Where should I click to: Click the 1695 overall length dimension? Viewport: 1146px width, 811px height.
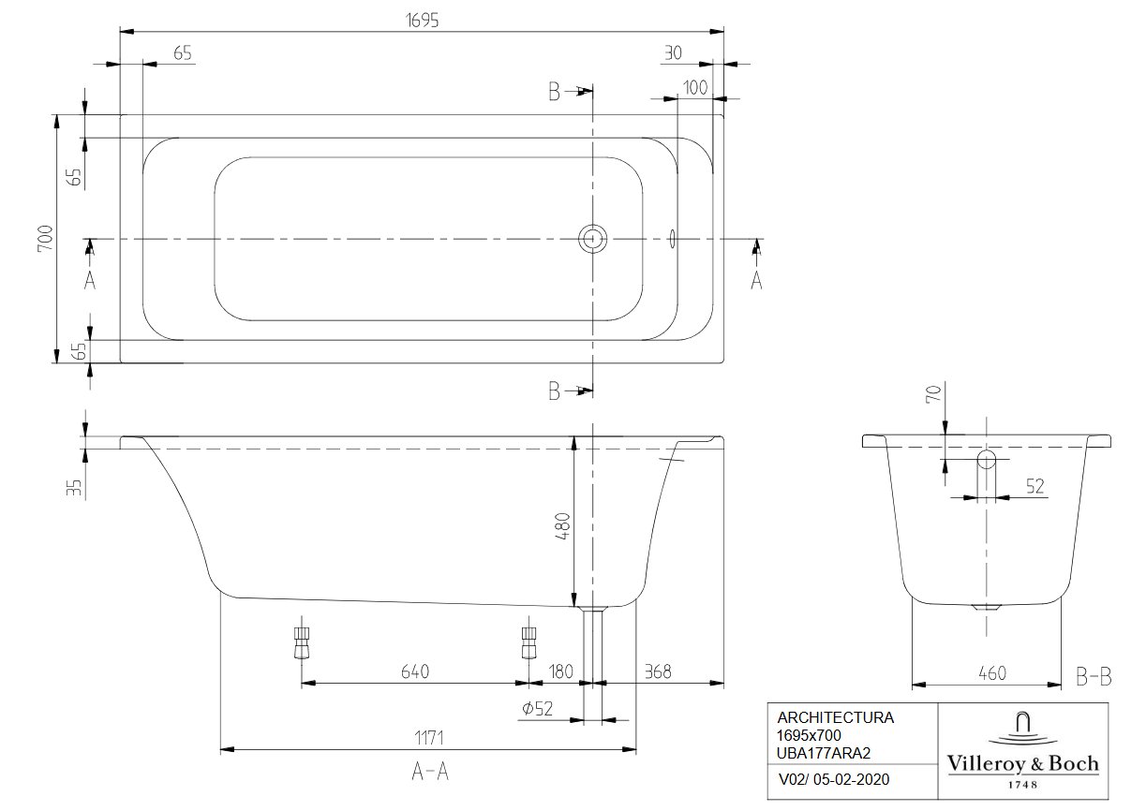422,21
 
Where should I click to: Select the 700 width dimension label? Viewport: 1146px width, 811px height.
46,238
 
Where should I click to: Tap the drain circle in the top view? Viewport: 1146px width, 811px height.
592,238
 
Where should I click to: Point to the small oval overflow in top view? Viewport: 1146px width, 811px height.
672,238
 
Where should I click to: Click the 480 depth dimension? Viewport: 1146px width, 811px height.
563,526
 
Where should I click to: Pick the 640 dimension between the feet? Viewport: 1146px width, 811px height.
415,671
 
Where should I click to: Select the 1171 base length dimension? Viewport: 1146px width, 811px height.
429,738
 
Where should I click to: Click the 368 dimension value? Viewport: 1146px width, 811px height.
658,671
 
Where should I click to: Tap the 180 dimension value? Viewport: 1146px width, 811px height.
560,671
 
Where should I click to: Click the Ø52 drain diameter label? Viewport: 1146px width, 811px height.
537,708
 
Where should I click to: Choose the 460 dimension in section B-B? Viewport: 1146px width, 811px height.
992,673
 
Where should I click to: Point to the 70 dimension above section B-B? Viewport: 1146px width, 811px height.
933,393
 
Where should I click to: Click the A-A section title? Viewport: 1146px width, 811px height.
430,773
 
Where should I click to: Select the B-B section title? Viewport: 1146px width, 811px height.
1094,677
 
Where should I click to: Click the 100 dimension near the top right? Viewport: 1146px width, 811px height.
695,88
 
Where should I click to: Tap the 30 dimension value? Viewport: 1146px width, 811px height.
674,52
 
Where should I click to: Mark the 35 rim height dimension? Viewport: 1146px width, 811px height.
74,487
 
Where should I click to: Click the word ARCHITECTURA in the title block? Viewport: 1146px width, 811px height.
836,718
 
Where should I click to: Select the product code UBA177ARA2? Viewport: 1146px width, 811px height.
823,753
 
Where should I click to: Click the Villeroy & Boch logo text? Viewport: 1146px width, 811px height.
1023,764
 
